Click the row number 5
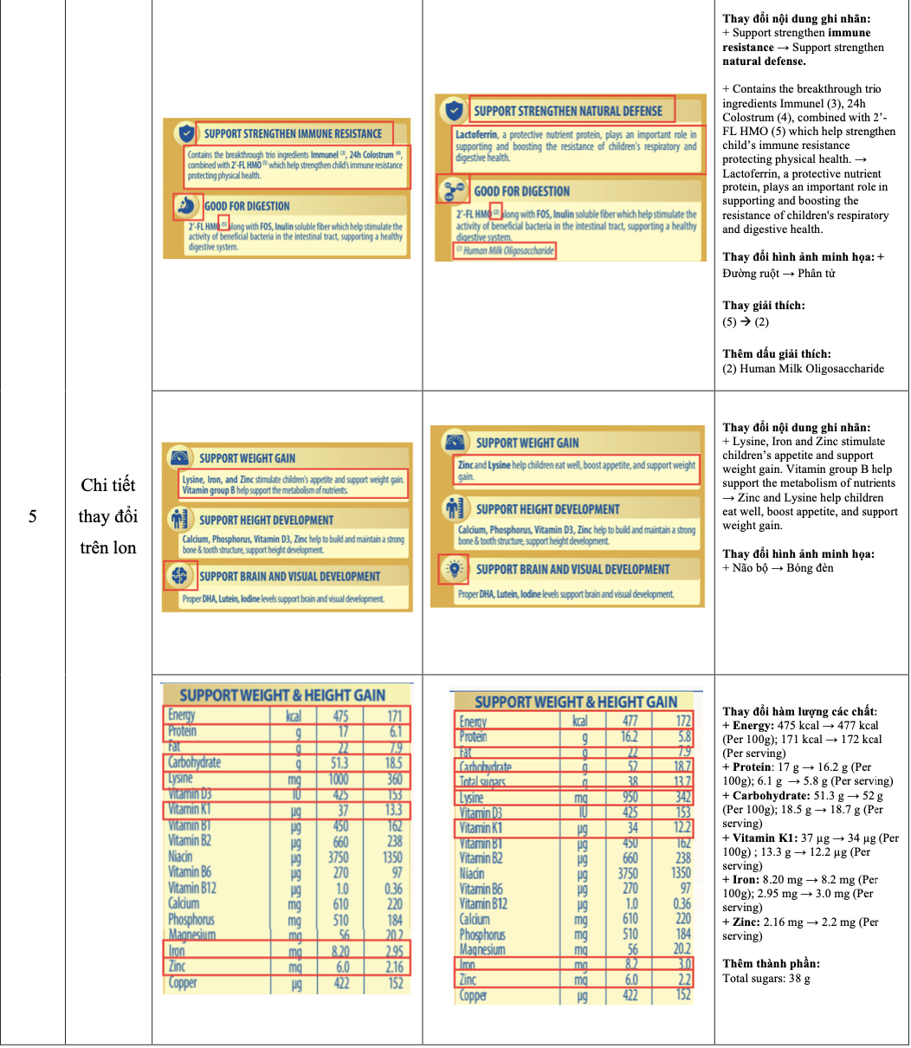(x=32, y=517)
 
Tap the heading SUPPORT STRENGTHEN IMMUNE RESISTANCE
(x=293, y=133)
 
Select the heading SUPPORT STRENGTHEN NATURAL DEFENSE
(x=567, y=111)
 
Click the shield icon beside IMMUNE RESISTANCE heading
(x=184, y=133)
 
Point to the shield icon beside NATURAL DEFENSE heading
(x=453, y=111)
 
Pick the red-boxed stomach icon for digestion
(x=186, y=205)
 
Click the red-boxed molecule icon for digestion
(x=453, y=191)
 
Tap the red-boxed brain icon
(x=179, y=575)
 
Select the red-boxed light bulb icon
(x=453, y=569)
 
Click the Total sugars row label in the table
(x=481, y=782)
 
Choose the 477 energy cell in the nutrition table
(x=630, y=721)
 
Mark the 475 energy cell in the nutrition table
(x=341, y=715)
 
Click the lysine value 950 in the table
(x=630, y=798)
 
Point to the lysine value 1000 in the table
(x=341, y=779)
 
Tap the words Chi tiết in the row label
(x=107, y=485)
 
